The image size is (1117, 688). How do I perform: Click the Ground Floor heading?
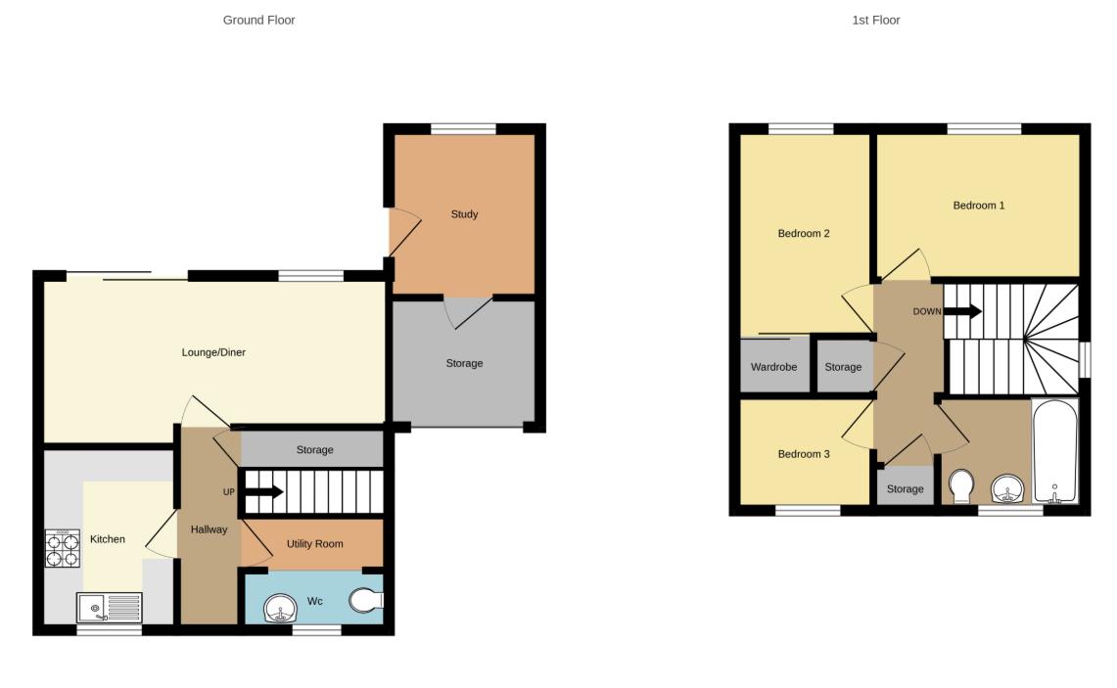coord(258,20)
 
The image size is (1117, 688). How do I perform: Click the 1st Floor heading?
coord(875,20)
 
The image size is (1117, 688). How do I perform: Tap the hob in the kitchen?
coord(62,548)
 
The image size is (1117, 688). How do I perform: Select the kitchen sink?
coord(109,608)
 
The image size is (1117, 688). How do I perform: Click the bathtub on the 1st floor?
coord(1054,451)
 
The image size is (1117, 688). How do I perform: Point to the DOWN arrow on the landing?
coord(962,311)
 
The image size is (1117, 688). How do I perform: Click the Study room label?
coord(464,214)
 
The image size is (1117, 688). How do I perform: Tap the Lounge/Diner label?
coord(213,352)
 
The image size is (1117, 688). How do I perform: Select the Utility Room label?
coord(314,544)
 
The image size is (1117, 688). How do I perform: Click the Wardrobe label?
coord(773,367)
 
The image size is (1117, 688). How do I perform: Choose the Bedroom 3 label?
coord(804,454)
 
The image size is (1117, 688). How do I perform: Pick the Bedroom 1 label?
coord(978,206)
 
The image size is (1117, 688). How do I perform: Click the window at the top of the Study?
coord(463,128)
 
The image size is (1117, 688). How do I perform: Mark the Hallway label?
coord(209,529)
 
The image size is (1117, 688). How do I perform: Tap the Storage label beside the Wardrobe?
coord(843,367)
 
